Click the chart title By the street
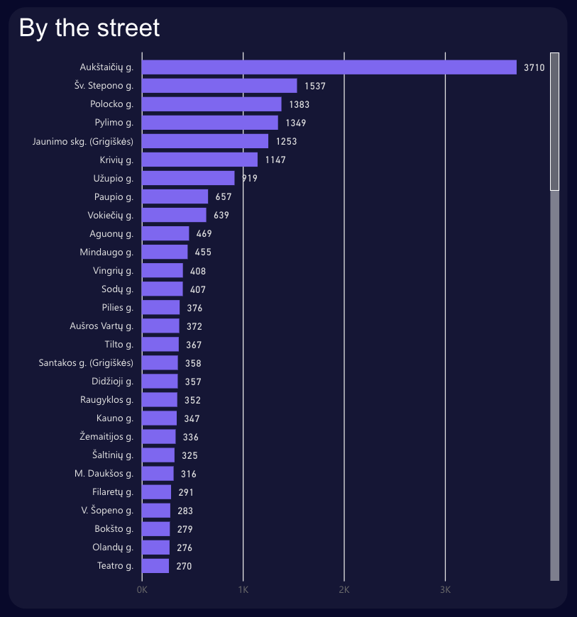(89, 28)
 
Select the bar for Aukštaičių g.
(329, 67)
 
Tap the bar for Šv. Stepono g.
(219, 86)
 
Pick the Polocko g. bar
(211, 104)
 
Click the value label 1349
(296, 123)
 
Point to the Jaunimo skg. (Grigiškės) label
(83, 141)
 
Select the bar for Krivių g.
(199, 160)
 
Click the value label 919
(249, 178)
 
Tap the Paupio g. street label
(114, 196)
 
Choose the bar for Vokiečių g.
(174, 215)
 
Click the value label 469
(204, 233)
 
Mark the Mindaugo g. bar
(165, 252)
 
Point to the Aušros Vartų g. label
(101, 326)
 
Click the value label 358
(193, 363)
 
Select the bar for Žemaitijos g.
(158, 437)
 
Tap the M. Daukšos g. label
(104, 474)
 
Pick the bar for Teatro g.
(155, 566)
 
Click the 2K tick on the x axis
(344, 590)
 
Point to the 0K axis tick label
(142, 590)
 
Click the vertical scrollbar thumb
(555, 121)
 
